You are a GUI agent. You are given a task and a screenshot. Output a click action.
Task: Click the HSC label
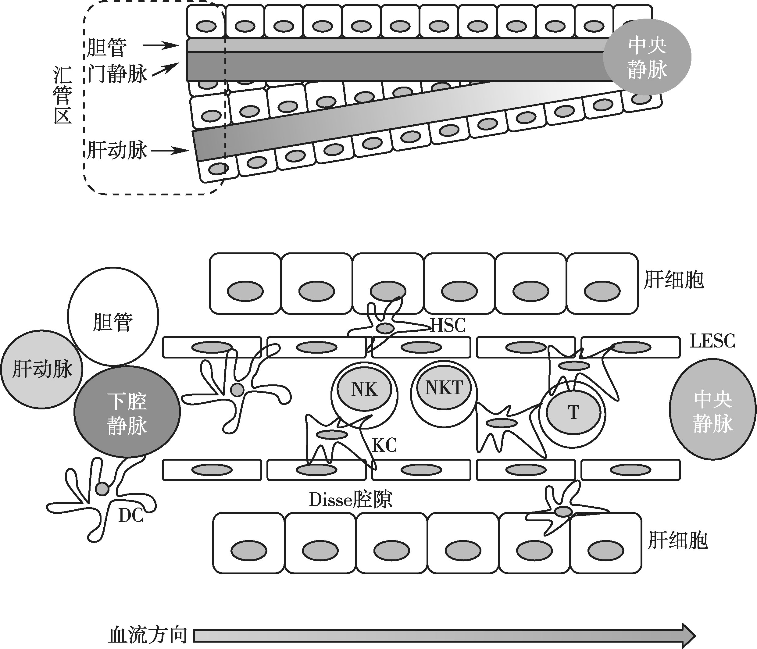click(448, 325)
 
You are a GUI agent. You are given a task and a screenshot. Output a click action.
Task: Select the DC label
click(130, 516)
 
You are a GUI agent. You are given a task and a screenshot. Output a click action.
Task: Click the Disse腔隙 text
click(350, 500)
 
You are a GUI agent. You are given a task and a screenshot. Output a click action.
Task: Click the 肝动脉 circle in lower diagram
click(42, 369)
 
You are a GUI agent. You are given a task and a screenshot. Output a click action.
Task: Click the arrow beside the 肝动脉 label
click(170, 150)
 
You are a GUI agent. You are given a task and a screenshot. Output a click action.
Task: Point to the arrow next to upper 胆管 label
click(161, 46)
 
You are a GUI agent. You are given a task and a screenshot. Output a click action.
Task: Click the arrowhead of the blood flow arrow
click(687, 636)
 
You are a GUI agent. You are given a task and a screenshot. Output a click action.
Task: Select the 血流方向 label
click(148, 636)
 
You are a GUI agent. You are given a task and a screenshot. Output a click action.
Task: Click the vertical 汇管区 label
click(62, 95)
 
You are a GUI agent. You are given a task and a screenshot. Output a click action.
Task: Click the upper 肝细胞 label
click(673, 280)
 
